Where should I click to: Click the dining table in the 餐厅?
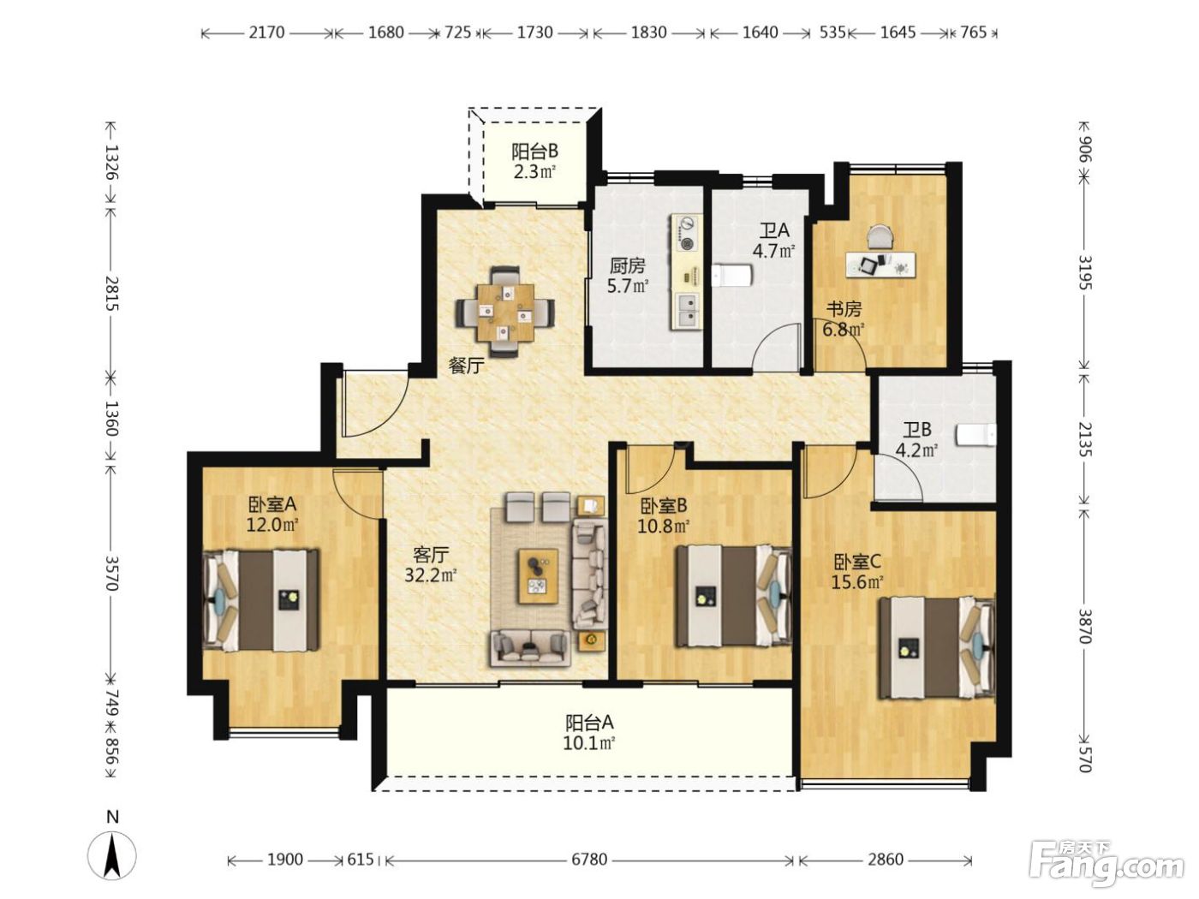(x=504, y=312)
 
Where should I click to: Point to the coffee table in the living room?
(x=538, y=576)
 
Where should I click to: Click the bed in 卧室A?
(x=260, y=600)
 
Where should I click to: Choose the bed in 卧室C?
(x=936, y=648)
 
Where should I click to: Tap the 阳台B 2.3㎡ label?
(x=534, y=161)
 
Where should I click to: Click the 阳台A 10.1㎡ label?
(x=589, y=733)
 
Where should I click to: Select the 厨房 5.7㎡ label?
(x=628, y=276)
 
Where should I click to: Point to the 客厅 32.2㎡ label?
(x=431, y=565)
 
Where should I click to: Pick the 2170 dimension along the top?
(x=266, y=33)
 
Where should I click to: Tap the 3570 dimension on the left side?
(x=111, y=573)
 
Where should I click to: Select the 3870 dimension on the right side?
(x=1083, y=626)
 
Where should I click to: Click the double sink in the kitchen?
(x=688, y=310)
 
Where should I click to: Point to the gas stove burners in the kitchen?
(x=685, y=234)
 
